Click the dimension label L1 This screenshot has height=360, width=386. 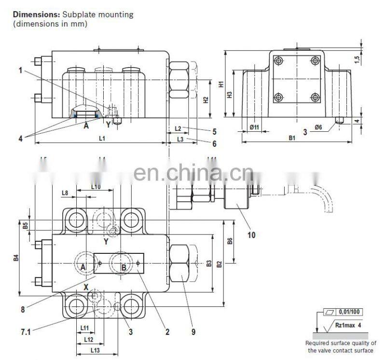(102, 139)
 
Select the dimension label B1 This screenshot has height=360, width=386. (292, 138)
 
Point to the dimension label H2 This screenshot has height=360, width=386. (206, 100)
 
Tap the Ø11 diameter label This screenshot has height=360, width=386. (254, 126)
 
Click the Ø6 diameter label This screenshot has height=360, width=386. (318, 126)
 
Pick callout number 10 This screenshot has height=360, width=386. (251, 235)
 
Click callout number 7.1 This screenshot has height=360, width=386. (25, 332)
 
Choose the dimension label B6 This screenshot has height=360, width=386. (230, 241)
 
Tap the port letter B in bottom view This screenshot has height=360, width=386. (124, 267)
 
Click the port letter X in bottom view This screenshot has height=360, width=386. (86, 287)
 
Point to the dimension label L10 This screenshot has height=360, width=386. (96, 187)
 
